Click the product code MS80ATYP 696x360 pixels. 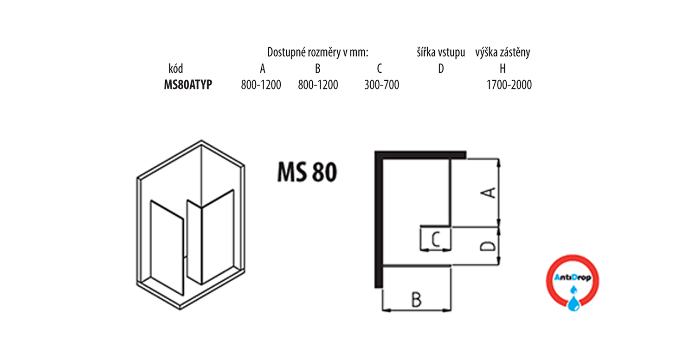188,84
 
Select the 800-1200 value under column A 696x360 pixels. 261,84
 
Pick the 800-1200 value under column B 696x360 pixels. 318,84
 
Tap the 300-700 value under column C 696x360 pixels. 381,84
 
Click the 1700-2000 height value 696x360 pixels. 509,84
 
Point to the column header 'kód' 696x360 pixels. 175,68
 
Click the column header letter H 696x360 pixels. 503,68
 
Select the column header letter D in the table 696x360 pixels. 441,68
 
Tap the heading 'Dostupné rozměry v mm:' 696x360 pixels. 317,52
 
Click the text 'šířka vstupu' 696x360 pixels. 441,52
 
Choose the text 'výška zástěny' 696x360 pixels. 503,52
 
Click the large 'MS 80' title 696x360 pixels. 307,172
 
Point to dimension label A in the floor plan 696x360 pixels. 489,193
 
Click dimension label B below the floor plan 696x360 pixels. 416,299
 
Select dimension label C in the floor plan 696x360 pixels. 436,239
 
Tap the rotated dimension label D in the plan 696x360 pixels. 489,246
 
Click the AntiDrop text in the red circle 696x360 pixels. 572,278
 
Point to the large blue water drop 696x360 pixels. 574,304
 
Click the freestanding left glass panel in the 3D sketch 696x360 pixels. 167,247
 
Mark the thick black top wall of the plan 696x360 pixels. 420,155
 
